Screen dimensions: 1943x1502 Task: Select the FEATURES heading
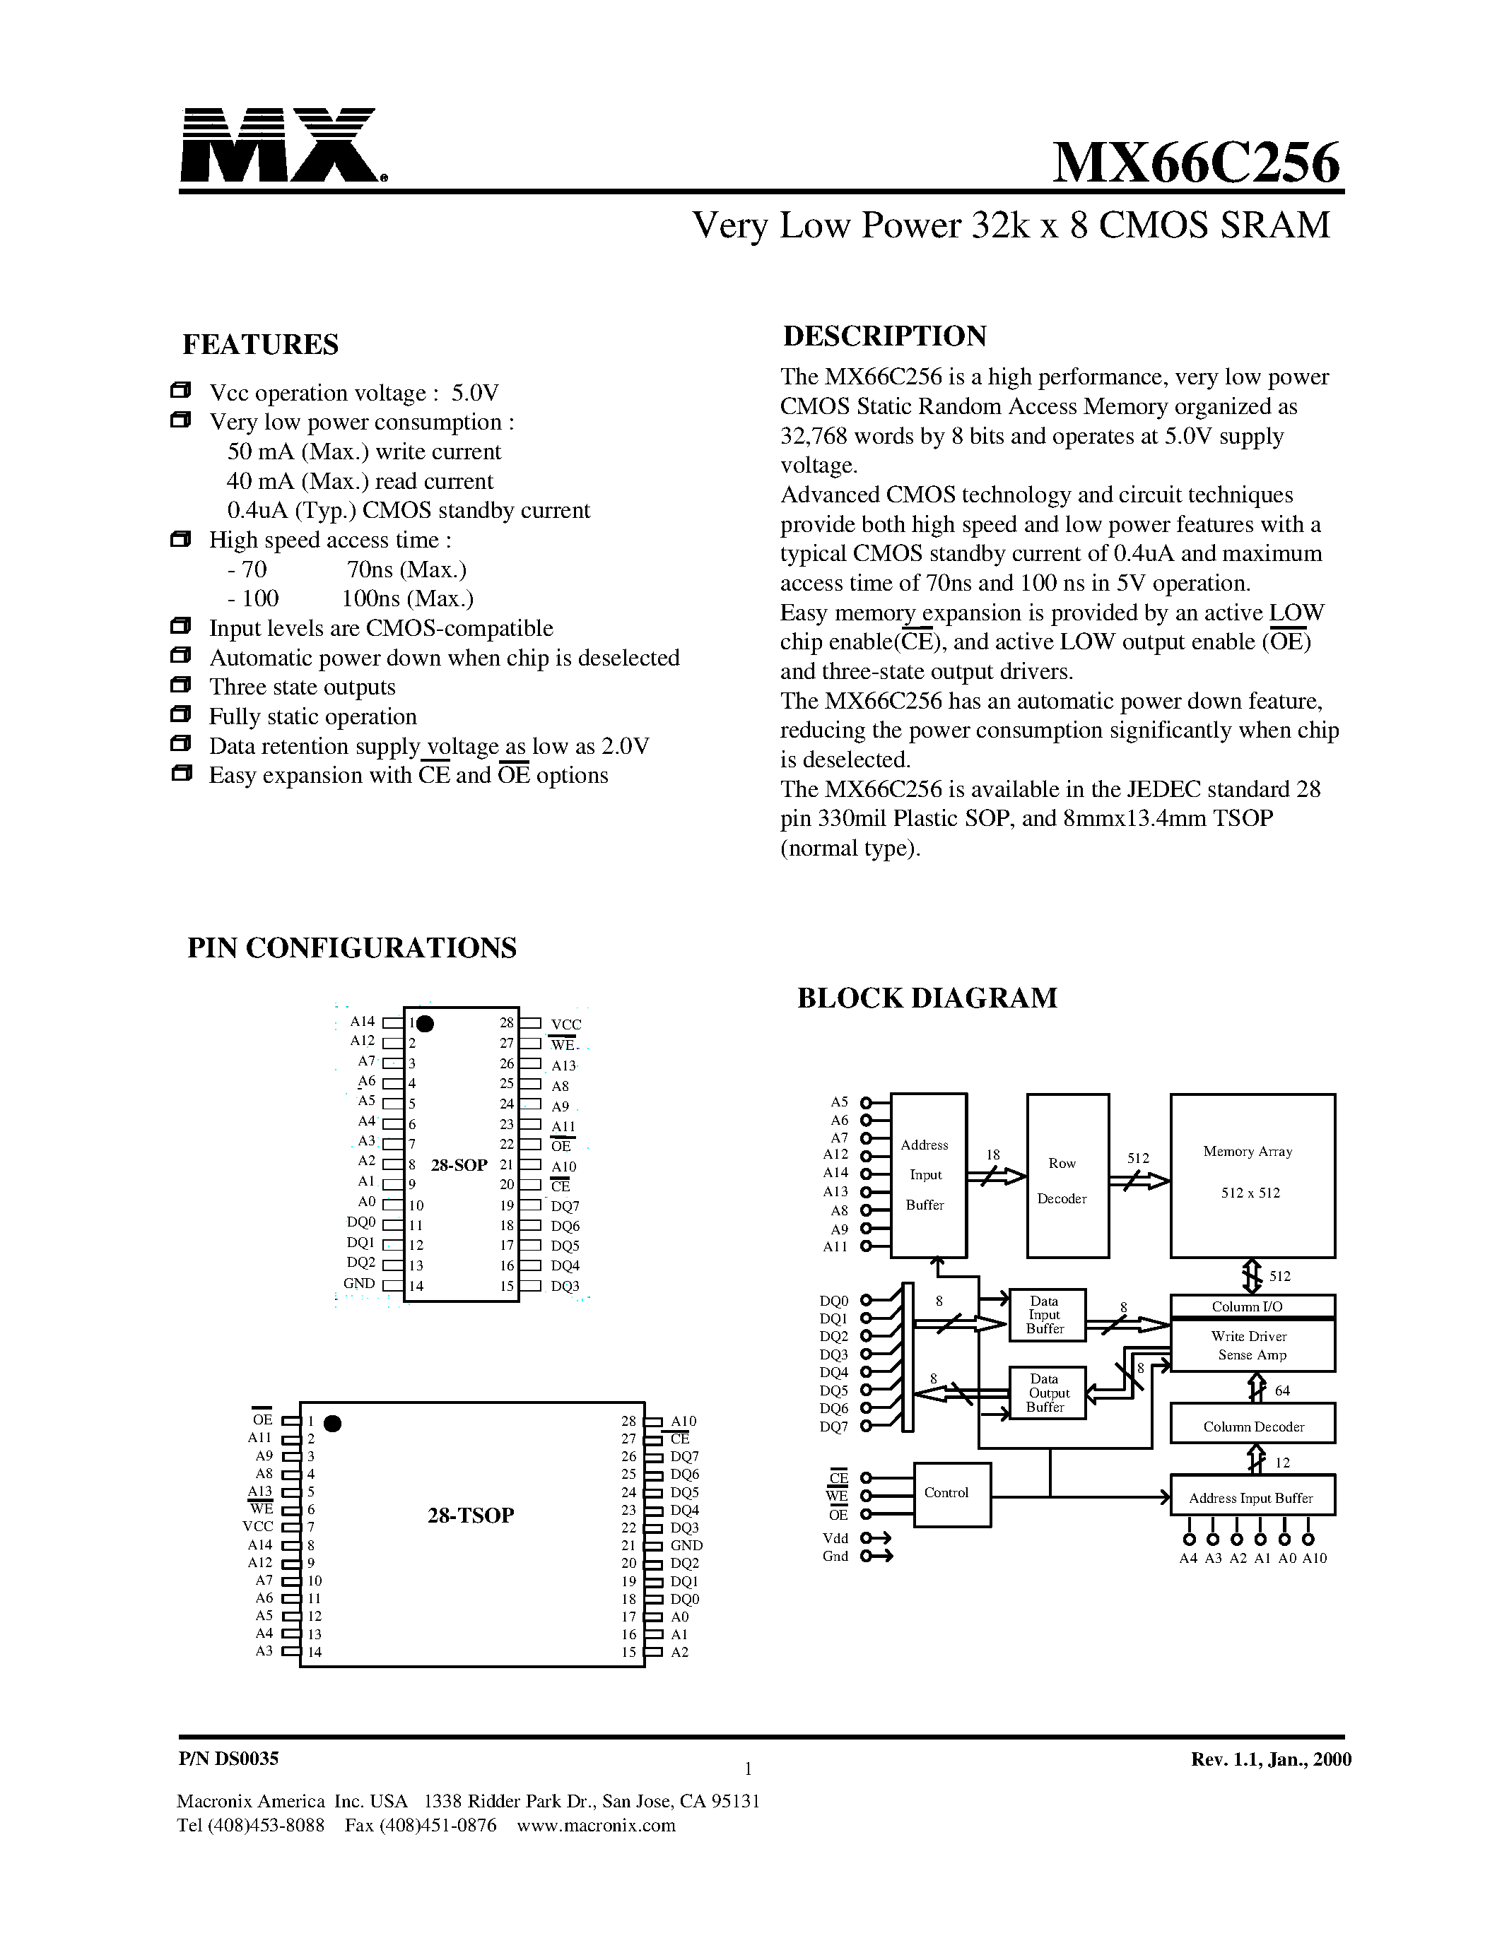[260, 344]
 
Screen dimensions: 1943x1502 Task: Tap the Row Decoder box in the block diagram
[1067, 1175]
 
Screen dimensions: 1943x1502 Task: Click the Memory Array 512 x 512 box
[1252, 1175]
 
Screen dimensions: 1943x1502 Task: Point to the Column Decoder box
[1252, 1426]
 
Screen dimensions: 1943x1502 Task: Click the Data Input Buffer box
[1046, 1315]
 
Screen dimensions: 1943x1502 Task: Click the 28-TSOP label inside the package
[471, 1515]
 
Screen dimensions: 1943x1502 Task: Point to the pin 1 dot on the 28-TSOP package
[333, 1424]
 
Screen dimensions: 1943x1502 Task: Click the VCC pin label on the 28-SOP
[566, 1025]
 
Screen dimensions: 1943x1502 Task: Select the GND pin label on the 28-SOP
[360, 1284]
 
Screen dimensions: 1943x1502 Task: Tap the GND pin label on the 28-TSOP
[686, 1545]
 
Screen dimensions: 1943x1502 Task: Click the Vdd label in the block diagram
[835, 1538]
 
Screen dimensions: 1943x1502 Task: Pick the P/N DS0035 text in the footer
[229, 1759]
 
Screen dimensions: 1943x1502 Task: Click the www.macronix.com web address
[596, 1826]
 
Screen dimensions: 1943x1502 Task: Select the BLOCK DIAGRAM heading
[927, 998]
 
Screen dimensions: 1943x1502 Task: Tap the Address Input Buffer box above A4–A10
[1252, 1498]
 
